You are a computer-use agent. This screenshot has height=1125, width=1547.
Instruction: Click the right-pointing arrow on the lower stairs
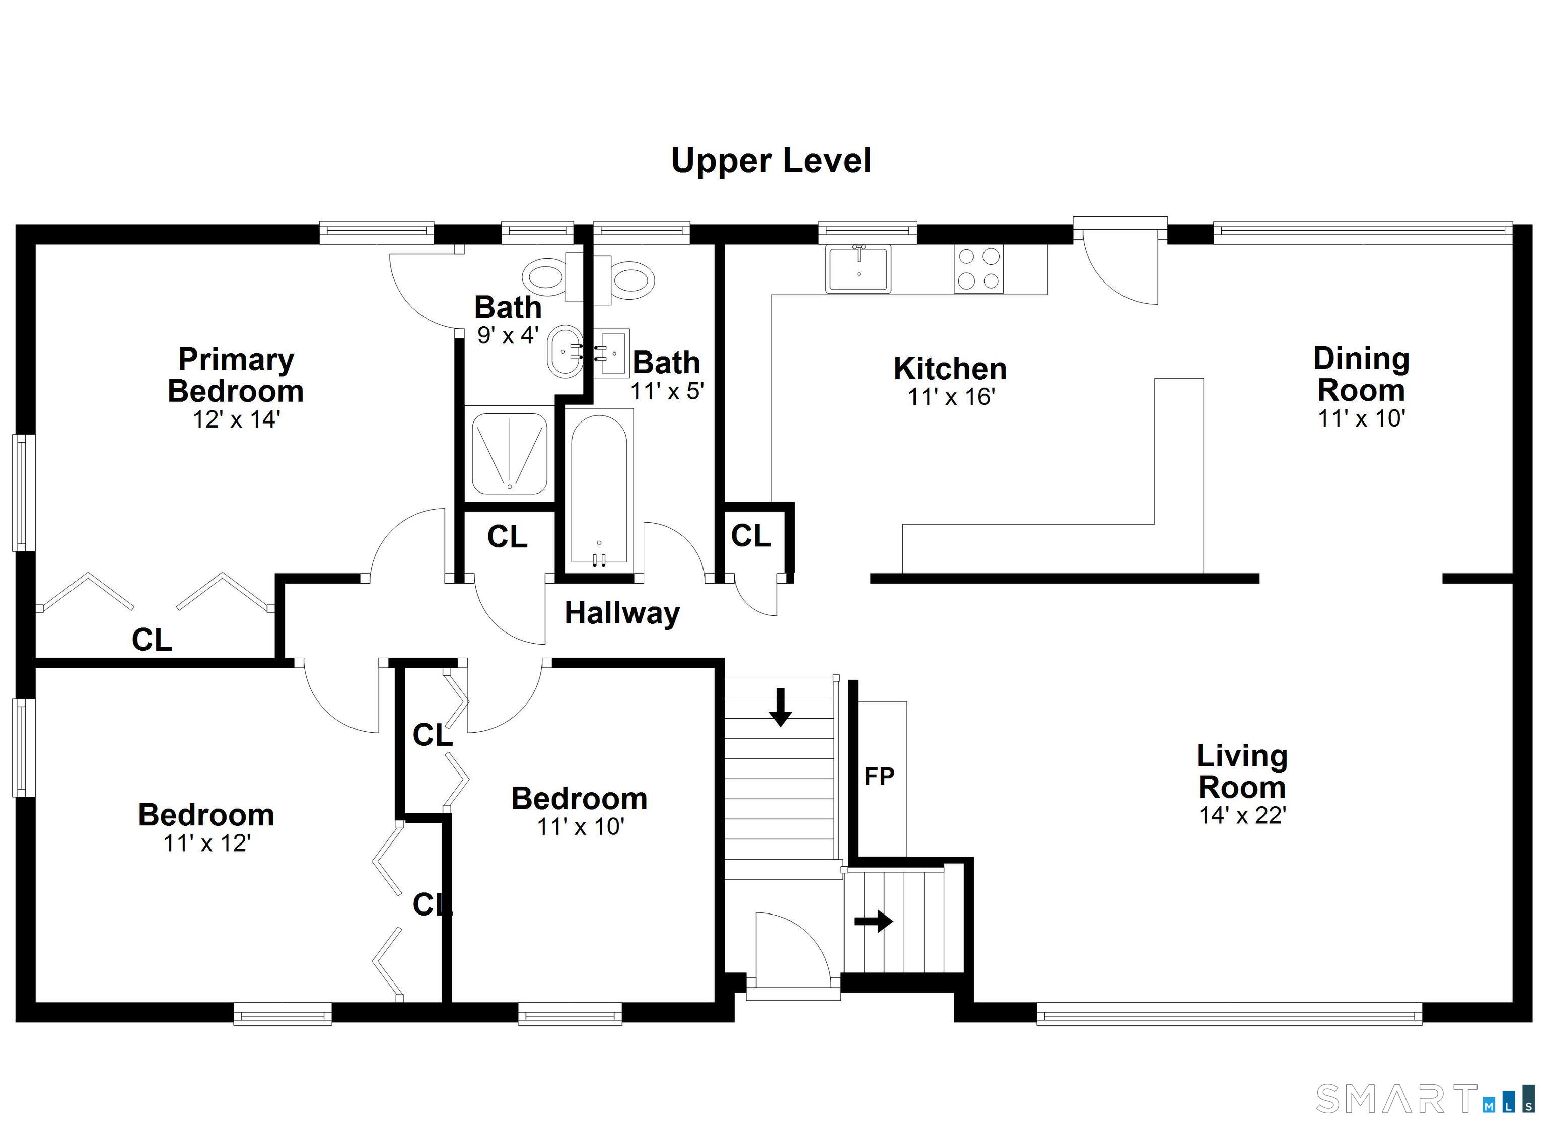874,921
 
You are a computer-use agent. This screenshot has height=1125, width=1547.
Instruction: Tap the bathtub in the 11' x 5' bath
599,486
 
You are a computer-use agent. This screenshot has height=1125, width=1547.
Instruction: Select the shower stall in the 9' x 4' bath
510,451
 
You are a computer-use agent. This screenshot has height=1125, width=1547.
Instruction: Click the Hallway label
621,613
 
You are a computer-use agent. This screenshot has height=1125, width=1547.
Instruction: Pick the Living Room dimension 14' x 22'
1242,815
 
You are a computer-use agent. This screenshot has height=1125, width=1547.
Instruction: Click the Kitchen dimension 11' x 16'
951,396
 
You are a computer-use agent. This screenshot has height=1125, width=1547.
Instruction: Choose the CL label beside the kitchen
750,536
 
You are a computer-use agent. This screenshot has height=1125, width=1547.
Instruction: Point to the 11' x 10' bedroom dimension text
580,827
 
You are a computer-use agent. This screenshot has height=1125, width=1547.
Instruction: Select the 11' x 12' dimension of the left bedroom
206,843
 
